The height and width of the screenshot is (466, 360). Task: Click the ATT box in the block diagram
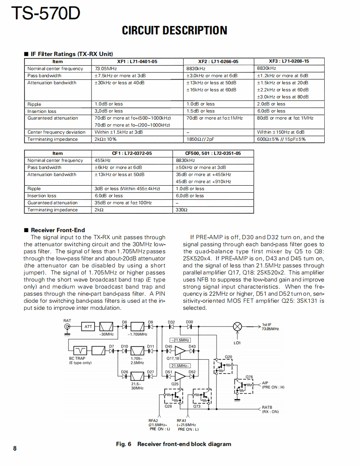tap(88, 327)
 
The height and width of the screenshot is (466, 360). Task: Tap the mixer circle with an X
tap(237, 327)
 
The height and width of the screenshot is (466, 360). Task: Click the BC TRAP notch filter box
tap(80, 351)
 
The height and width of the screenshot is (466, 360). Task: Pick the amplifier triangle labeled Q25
tap(180, 376)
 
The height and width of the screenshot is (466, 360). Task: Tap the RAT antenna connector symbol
tap(67, 327)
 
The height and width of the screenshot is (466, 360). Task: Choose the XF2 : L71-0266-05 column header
tap(218, 61)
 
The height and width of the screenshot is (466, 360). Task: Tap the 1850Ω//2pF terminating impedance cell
tap(200, 139)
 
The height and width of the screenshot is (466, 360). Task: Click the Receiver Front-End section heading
tap(58, 230)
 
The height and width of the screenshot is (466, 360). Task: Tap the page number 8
tap(15, 448)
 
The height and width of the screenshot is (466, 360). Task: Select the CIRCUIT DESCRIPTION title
tap(175, 30)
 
